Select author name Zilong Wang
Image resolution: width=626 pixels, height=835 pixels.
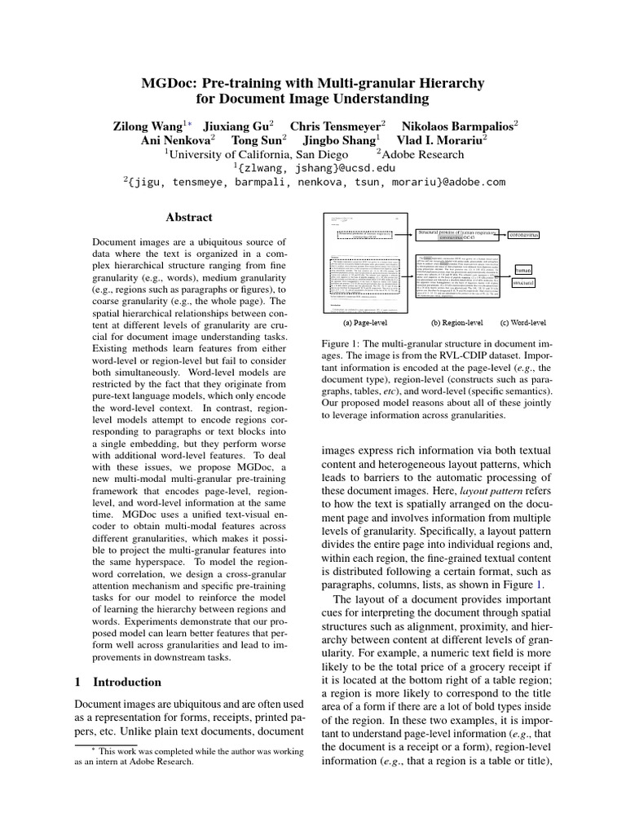pos(147,126)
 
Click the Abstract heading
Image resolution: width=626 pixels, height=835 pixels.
pos(188,218)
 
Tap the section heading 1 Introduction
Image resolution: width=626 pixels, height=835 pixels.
pos(117,682)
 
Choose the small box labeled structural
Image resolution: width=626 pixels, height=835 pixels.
pos(524,283)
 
